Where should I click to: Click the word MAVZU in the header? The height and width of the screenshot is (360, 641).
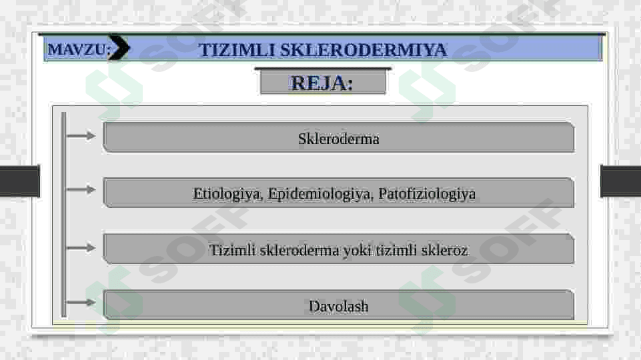pyautogui.click(x=77, y=49)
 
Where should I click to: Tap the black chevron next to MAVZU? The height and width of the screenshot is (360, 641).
pyautogui.click(x=119, y=47)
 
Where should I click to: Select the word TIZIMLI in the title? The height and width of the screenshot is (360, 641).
pyautogui.click(x=236, y=50)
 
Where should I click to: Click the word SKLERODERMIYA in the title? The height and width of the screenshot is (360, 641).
pyautogui.click(x=364, y=50)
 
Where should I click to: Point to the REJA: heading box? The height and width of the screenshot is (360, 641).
pyautogui.click(x=323, y=82)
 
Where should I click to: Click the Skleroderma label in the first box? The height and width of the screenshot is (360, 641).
pyautogui.click(x=338, y=139)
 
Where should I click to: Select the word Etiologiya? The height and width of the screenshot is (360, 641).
pyautogui.click(x=227, y=194)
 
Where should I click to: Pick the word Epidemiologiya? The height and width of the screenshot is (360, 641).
pyautogui.click(x=320, y=194)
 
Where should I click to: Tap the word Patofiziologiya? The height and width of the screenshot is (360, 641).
pyautogui.click(x=427, y=194)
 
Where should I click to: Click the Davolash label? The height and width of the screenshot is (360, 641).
pyautogui.click(x=338, y=306)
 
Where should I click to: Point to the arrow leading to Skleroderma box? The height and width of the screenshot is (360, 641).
pyautogui.click(x=81, y=135)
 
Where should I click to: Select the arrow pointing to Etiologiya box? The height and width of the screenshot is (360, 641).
pyautogui.click(x=81, y=189)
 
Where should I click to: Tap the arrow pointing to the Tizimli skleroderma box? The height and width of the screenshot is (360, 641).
pyautogui.click(x=81, y=247)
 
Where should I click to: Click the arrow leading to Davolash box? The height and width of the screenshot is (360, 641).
pyautogui.click(x=81, y=303)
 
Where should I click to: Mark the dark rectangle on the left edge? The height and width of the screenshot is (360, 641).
pyautogui.click(x=19, y=181)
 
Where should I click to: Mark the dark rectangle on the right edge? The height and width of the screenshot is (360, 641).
pyautogui.click(x=620, y=181)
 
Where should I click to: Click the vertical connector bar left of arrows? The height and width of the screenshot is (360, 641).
pyautogui.click(x=64, y=215)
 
